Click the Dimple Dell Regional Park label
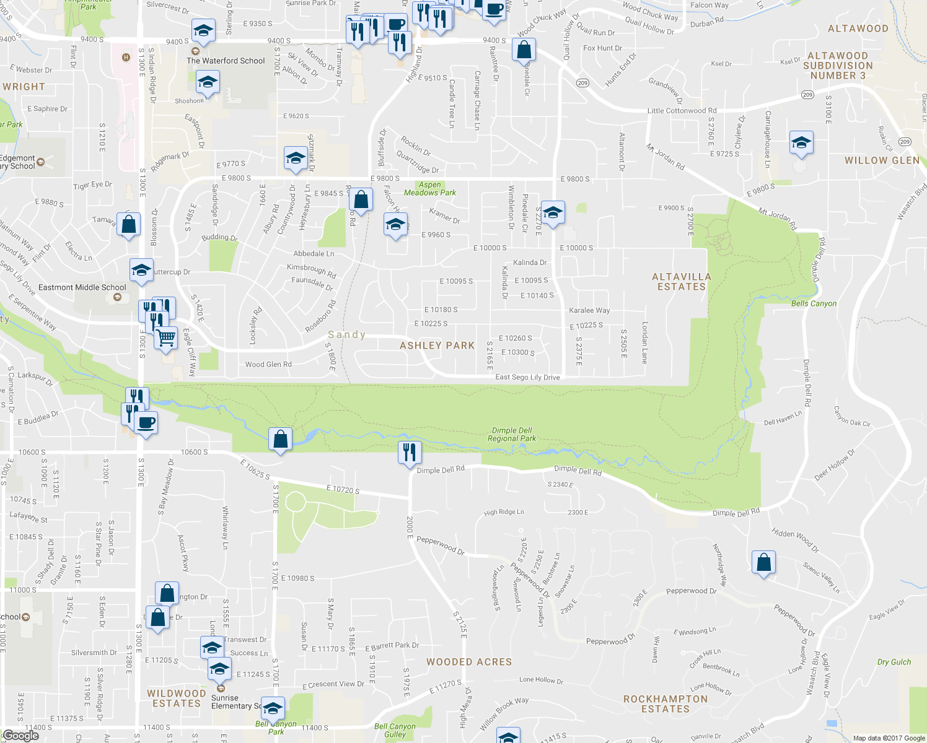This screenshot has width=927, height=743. coord(511,434)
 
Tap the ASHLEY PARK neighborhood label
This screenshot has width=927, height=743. coord(437,345)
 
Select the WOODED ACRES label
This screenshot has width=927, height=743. coord(469,662)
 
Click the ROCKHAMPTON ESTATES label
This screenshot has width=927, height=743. coord(666,704)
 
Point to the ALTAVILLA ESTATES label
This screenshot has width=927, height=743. coord(682,282)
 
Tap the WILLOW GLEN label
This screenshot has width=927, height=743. coord(882,160)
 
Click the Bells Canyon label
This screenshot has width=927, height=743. coord(814,303)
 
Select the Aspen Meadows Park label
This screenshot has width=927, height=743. coord(430,189)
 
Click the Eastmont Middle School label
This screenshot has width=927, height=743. coord(82,287)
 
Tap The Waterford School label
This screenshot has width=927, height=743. coord(226,61)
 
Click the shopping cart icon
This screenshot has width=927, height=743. coord(166,338)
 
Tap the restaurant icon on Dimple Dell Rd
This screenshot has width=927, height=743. coord(409,453)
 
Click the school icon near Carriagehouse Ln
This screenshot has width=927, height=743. coord(801,143)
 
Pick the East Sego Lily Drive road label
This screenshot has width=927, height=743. coord(527,377)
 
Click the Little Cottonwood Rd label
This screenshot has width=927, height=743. coord(682,111)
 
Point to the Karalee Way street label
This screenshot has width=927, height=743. coord(589,310)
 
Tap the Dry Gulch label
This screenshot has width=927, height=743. coord(894,662)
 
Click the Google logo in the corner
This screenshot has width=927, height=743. coord(20,736)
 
